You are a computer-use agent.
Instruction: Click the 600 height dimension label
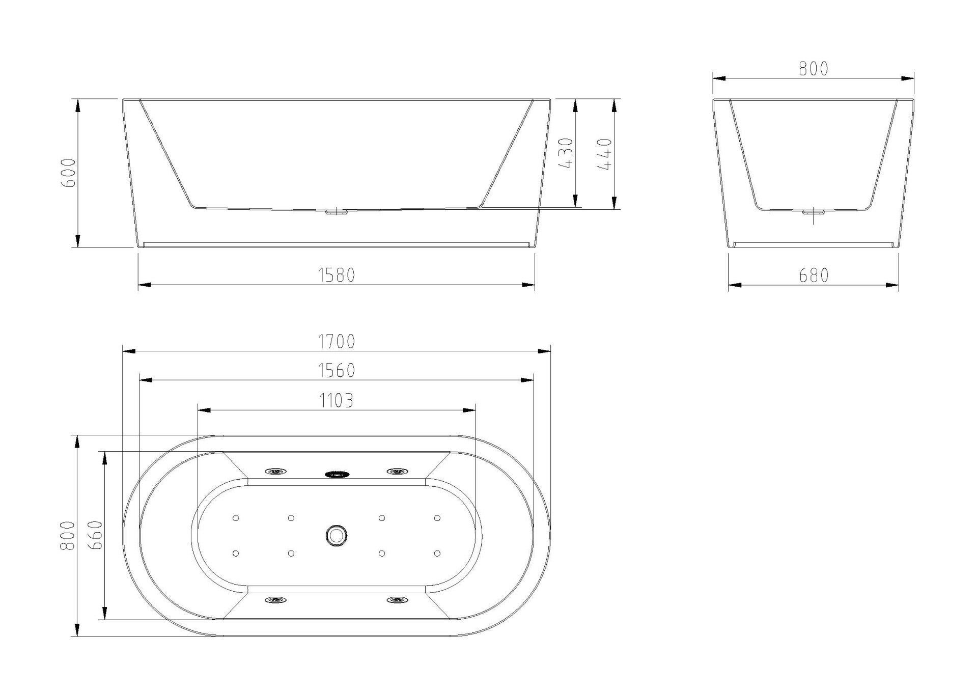68,173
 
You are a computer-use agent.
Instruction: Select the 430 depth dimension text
566,153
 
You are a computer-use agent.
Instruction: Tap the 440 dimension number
604,154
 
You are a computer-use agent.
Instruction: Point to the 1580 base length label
337,275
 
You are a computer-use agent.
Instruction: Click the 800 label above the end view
814,68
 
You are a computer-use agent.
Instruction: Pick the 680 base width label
814,275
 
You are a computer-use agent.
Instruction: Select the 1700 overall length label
337,341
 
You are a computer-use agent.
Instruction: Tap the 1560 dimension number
337,370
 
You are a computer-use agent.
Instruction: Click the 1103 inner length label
337,401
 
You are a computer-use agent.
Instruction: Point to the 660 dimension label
95,535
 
